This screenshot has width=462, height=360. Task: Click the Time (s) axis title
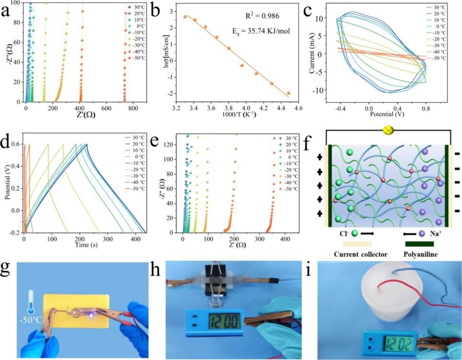(x=84, y=245)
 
